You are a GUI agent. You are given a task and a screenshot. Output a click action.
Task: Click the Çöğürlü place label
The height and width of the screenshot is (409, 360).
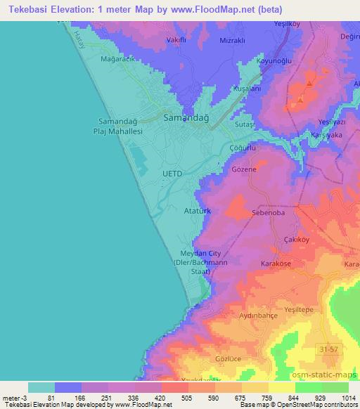point(241,149)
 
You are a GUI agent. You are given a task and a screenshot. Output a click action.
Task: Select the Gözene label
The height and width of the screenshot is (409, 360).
point(243,170)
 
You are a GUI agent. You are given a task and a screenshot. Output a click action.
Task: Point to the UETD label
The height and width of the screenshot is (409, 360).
point(172,173)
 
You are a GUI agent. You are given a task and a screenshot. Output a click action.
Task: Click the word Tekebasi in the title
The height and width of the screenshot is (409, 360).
point(26,9)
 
